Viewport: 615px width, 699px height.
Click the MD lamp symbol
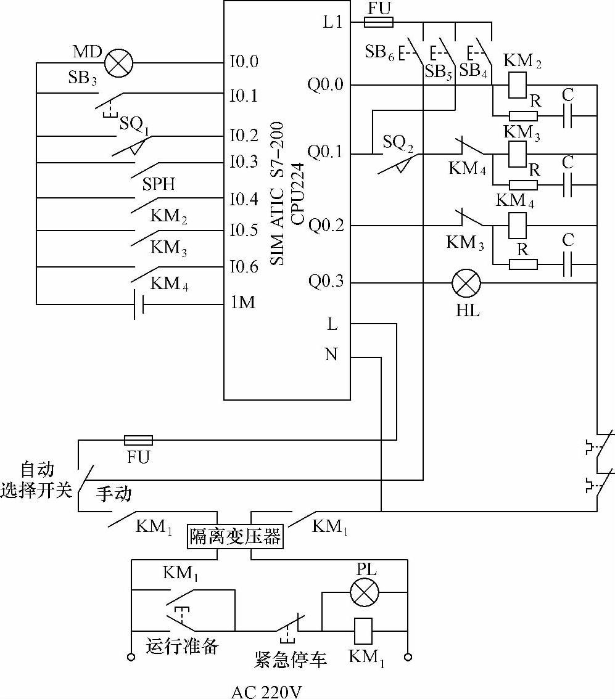[x=118, y=62]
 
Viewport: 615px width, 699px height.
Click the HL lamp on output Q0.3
[x=466, y=283]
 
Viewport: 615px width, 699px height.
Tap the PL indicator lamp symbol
[x=365, y=592]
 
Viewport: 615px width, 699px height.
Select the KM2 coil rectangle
[x=518, y=85]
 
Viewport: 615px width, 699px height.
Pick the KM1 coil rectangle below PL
[x=363, y=631]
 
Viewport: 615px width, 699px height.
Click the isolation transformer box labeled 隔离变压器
[x=235, y=536]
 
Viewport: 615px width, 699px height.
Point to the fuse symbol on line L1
[x=379, y=22]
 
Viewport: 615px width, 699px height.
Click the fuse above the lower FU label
[x=138, y=441]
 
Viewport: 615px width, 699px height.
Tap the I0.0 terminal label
[x=244, y=61]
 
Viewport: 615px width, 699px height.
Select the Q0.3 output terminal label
[x=326, y=281]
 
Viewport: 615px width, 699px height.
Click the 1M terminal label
[x=243, y=302]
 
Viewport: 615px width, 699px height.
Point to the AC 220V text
[x=266, y=692]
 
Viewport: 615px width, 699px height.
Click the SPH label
[x=159, y=184]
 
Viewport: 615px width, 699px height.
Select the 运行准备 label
[x=182, y=645]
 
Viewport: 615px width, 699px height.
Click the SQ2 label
[x=398, y=142]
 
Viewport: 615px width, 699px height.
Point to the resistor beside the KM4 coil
[x=523, y=264]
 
